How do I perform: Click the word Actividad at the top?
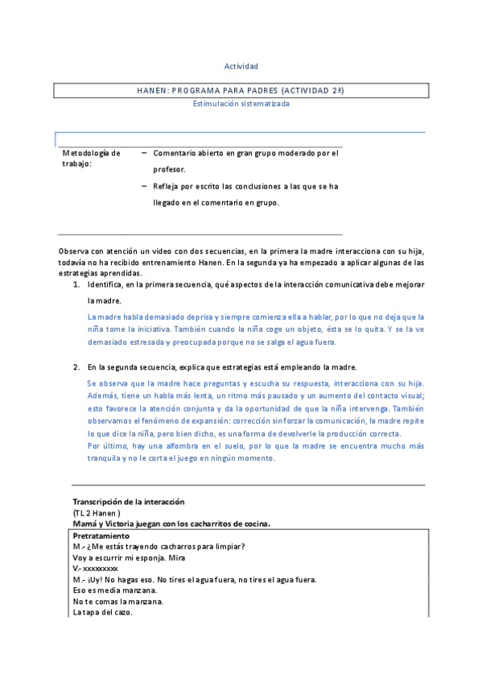point(241,66)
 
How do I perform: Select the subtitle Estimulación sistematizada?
point(241,103)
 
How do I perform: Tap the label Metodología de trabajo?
point(91,158)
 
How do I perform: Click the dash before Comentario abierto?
point(143,152)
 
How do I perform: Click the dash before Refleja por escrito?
point(143,185)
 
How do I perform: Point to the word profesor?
point(169,169)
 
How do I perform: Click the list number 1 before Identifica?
point(76,285)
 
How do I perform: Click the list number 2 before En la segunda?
point(76,367)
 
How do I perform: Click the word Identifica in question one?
point(106,285)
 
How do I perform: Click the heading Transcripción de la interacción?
point(129,502)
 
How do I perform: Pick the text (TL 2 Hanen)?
point(97,512)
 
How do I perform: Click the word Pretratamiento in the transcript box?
point(101,536)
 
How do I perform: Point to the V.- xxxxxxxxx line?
point(95,569)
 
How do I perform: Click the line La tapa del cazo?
point(102,613)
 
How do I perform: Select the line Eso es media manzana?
point(114,590)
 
